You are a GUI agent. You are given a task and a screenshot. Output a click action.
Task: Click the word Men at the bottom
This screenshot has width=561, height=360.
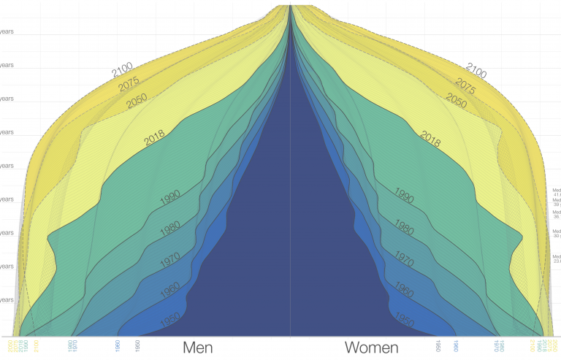click(x=203, y=348)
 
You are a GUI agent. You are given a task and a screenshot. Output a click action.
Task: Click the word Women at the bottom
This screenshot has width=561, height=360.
click(x=372, y=348)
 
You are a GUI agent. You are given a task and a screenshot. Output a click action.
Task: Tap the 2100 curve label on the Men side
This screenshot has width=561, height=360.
click(x=125, y=72)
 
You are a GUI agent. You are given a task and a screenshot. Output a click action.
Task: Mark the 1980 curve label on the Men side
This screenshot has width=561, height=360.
click(x=169, y=228)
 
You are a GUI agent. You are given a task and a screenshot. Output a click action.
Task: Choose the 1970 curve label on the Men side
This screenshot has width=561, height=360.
click(x=170, y=259)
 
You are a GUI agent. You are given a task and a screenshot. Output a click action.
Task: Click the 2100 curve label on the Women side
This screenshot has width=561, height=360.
click(x=476, y=72)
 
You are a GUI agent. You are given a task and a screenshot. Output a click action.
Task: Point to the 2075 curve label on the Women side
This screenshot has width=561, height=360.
click(x=465, y=86)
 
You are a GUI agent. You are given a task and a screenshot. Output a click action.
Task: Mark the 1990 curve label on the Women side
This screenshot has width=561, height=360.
click(x=404, y=195)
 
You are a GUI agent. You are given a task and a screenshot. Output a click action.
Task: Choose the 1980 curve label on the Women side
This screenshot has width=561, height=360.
click(x=404, y=226)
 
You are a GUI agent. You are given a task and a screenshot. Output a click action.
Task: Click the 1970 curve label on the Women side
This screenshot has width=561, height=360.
click(x=404, y=258)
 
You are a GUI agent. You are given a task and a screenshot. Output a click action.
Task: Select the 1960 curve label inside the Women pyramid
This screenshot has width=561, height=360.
click(x=404, y=290)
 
